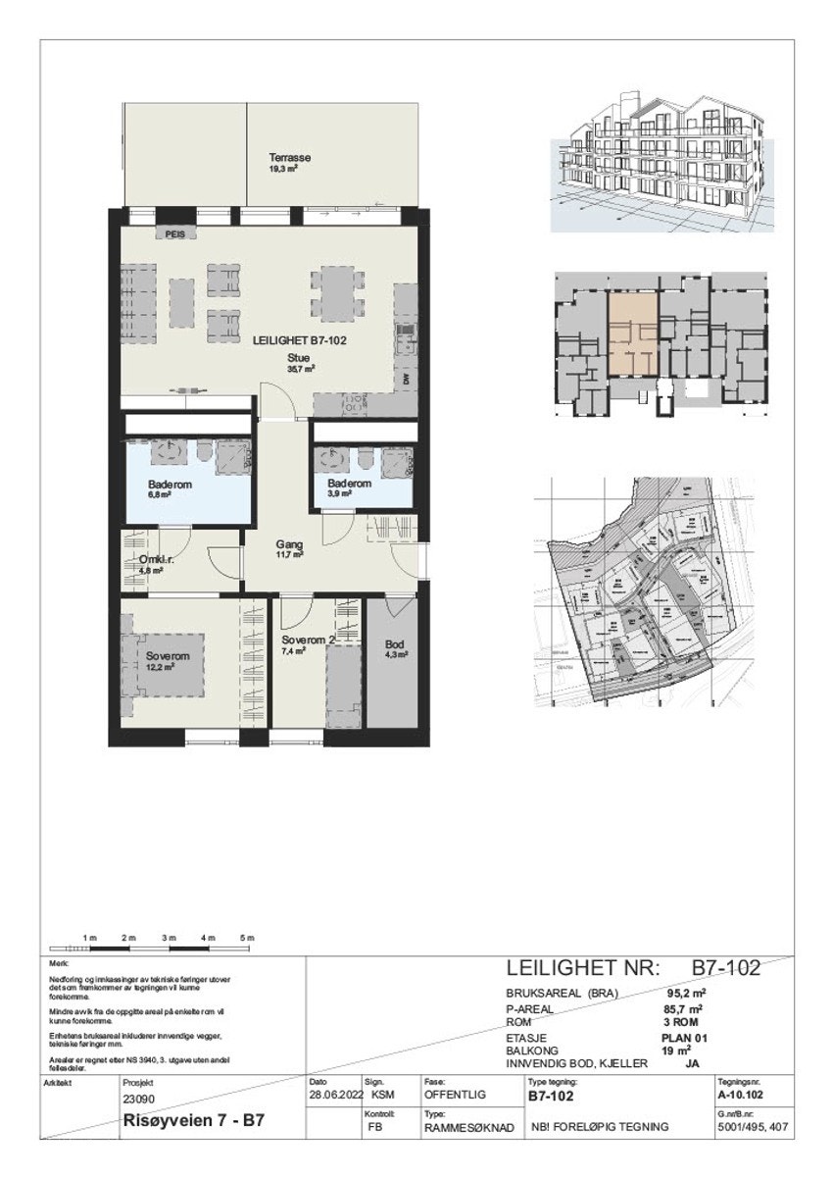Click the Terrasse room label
pos(290,158)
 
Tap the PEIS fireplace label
pos(175,233)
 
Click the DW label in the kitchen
pos(405,379)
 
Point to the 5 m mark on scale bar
pos(248,940)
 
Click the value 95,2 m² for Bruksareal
pos(688,992)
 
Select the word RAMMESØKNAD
pos(469,1128)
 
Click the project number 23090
pos(141,1100)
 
